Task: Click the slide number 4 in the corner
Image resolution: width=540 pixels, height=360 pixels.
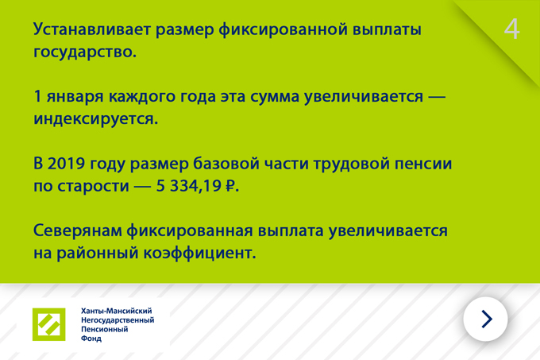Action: pos(511,29)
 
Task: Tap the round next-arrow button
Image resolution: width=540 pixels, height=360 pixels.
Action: pos(485,319)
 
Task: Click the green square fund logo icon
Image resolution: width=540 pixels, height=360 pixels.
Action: pos(49,324)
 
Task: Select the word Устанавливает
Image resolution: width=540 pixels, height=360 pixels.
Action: pos(92,29)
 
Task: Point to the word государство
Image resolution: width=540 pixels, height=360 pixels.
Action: pos(85,52)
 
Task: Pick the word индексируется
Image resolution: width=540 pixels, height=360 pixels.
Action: pos(95,119)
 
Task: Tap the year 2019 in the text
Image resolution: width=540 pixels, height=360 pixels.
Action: pos(66,163)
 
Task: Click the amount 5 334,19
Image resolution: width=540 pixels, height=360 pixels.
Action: pos(189,186)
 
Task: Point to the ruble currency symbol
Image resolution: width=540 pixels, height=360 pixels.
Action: pos(229,186)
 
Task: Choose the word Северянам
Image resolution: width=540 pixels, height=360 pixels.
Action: pos(78,230)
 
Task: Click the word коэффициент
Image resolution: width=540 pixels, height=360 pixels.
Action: pos(199,253)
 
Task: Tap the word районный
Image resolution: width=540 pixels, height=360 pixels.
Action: pos(97,254)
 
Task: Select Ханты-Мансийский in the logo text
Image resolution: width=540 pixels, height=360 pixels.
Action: pos(117,311)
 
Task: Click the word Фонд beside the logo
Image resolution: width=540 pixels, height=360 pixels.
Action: pos(91,339)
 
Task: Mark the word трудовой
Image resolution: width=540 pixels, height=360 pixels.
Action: pos(351,164)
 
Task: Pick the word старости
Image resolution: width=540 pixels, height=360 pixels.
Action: pos(93,187)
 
